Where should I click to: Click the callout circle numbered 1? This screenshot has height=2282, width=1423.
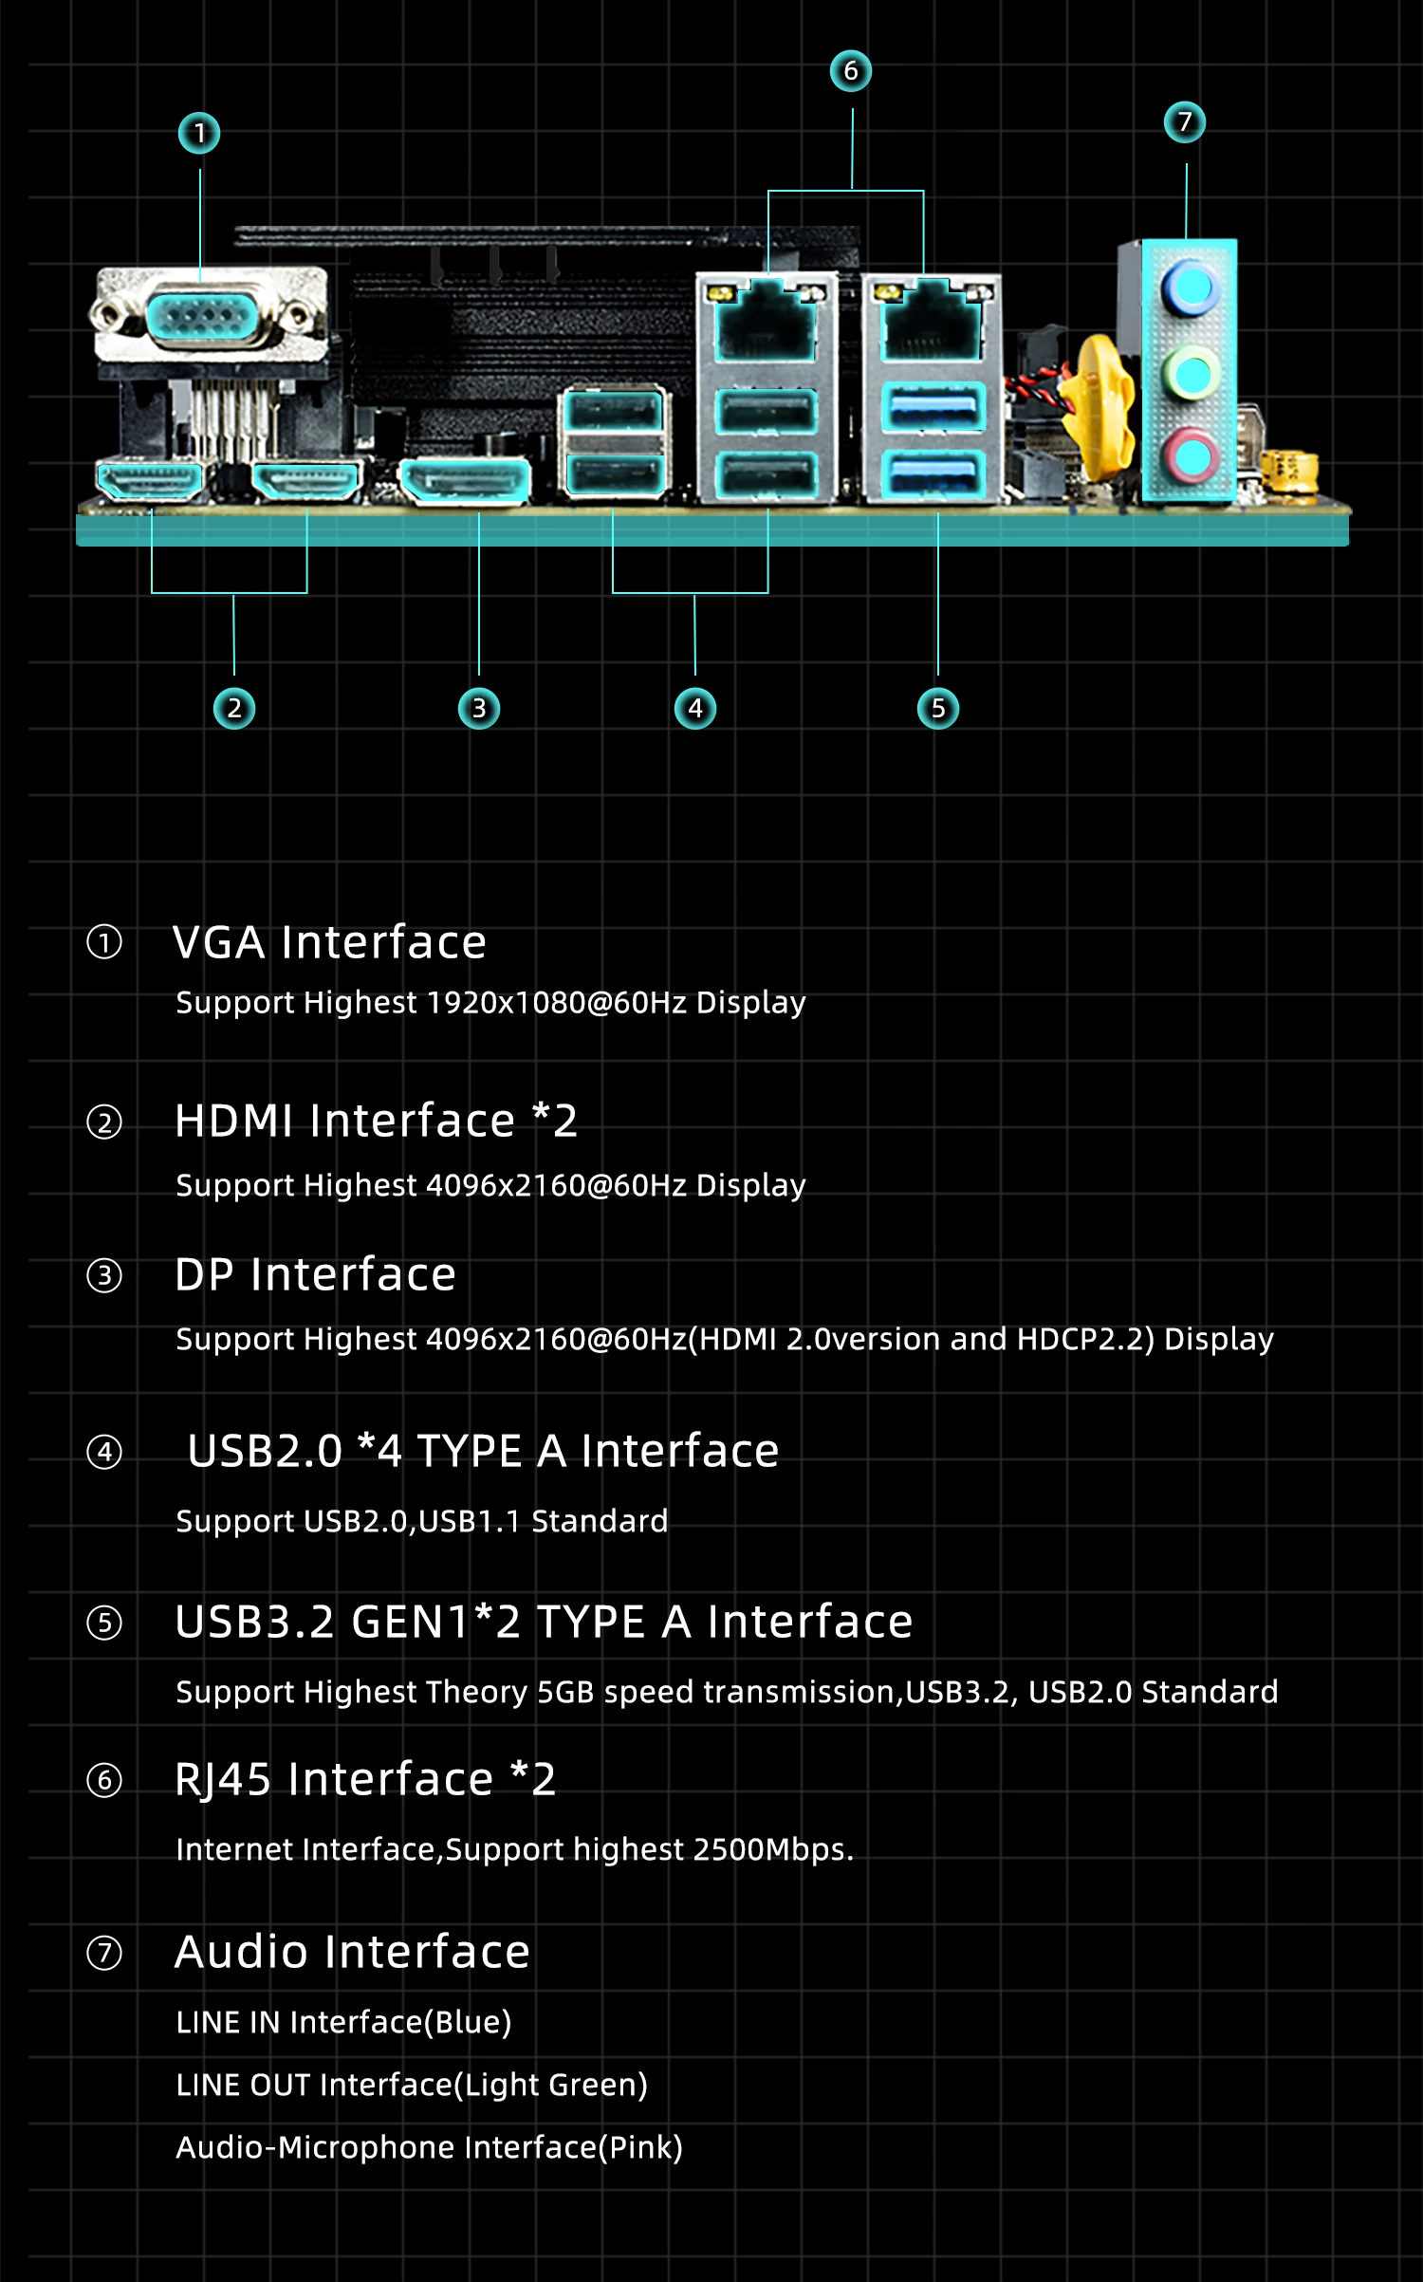(x=199, y=133)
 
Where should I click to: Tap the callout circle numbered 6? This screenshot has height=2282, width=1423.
(x=851, y=71)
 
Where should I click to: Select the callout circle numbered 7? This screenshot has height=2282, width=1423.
(x=1185, y=122)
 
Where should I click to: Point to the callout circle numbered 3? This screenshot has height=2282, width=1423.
(x=479, y=709)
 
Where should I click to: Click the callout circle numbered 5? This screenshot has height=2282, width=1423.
(x=938, y=709)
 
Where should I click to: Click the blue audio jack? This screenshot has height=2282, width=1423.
(x=1190, y=288)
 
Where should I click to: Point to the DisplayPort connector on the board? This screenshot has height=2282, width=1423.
(x=465, y=480)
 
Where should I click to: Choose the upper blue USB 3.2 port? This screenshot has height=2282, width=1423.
(x=933, y=409)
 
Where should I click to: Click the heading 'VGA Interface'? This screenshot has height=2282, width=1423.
(x=329, y=943)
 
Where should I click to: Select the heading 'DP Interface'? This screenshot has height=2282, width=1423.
(x=315, y=1274)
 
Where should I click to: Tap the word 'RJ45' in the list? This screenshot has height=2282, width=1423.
(x=223, y=1780)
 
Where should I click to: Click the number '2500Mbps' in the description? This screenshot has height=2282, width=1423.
(x=770, y=1850)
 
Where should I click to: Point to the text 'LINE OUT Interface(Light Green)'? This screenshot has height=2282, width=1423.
(x=412, y=2086)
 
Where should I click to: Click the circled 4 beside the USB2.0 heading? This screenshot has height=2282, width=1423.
(x=104, y=1453)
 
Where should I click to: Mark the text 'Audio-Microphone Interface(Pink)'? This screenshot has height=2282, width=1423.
(x=429, y=2148)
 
